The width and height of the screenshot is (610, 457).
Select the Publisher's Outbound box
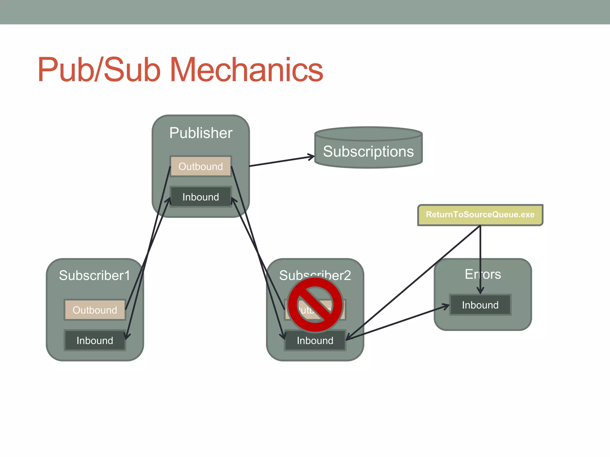coord(200,166)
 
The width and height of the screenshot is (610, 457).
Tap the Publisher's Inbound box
coord(200,197)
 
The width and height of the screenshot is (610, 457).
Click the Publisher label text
coord(201,133)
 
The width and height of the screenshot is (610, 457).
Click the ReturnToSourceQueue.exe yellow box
coord(480,215)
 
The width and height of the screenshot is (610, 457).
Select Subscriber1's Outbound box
coord(95,310)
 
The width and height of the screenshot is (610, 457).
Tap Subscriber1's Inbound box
coord(95,340)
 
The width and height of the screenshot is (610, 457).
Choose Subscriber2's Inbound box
coord(315,340)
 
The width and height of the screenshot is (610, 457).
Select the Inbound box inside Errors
coord(480,305)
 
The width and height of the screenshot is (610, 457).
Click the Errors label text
coord(483,274)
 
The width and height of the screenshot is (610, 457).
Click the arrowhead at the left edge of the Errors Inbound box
coord(447,306)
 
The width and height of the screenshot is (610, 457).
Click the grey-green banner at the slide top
coord(305,12)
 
